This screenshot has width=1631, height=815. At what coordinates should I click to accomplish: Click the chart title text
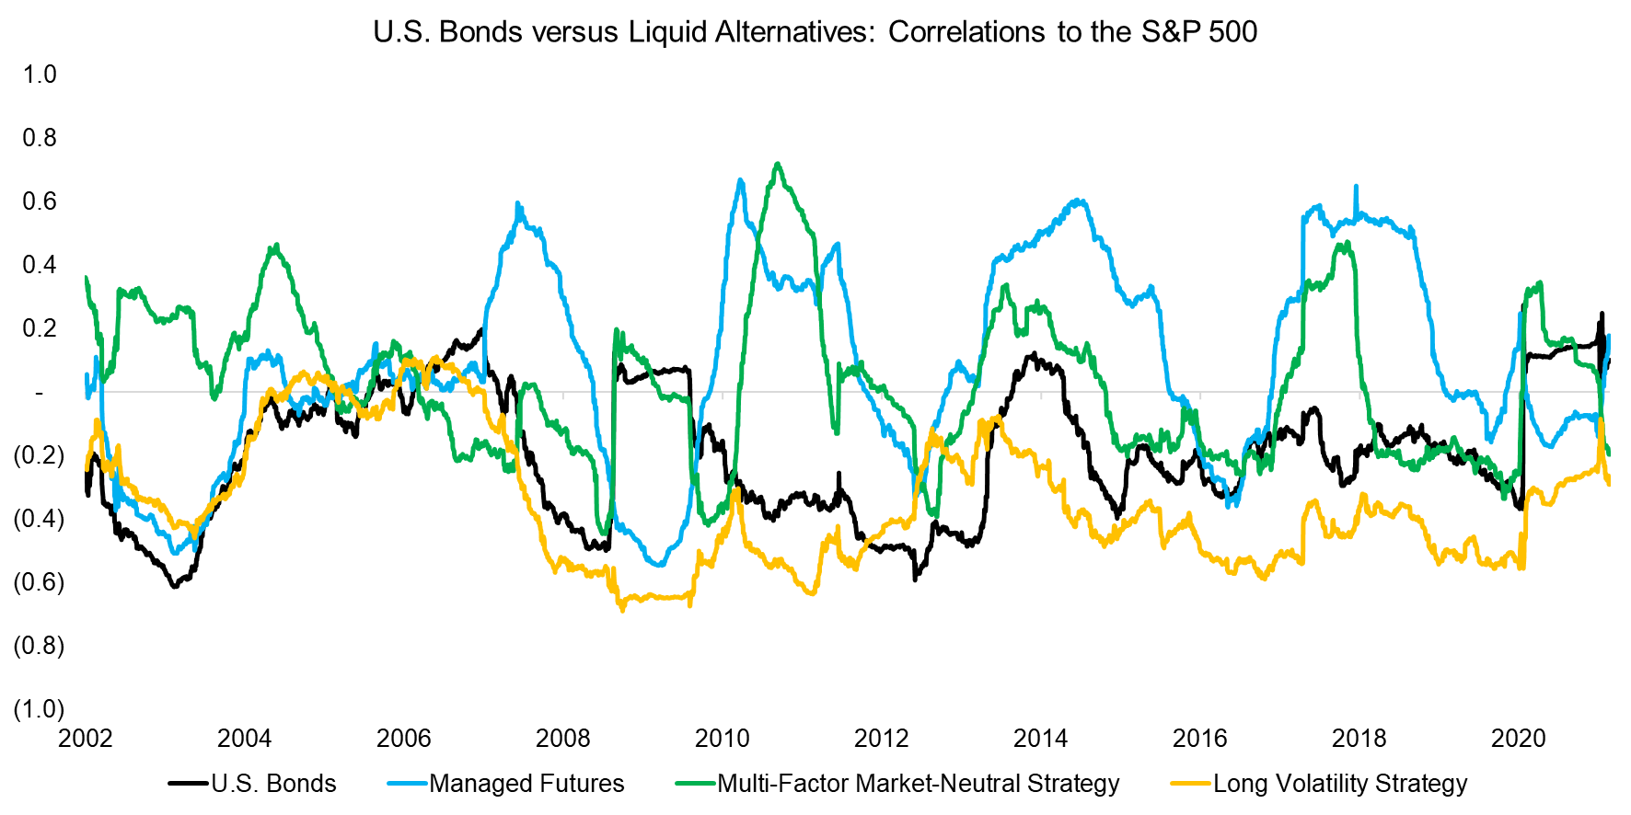[815, 32]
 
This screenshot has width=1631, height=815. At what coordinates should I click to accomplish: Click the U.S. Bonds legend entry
[273, 784]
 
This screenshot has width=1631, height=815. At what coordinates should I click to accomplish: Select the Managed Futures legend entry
[526, 784]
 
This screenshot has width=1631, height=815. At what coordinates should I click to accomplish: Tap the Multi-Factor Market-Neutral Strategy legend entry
[918, 784]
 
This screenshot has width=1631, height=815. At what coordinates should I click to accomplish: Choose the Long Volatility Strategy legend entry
[1339, 784]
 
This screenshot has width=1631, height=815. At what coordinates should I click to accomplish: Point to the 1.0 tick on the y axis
[40, 75]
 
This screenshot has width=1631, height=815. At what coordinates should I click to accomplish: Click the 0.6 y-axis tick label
[40, 201]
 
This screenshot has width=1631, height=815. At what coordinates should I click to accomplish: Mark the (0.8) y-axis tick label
[39, 646]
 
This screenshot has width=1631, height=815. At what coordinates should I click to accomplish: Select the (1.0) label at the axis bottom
[39, 709]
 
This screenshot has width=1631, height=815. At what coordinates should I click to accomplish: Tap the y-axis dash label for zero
[40, 393]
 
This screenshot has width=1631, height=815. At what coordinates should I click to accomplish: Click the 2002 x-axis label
[85, 739]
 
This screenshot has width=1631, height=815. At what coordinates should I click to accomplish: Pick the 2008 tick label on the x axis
[563, 739]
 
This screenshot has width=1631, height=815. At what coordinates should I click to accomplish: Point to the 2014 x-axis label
[1041, 739]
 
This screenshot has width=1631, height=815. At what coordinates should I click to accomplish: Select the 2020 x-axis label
[1519, 739]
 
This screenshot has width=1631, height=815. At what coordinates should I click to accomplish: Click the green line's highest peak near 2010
[779, 165]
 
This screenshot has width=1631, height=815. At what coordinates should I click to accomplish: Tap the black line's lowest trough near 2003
[175, 586]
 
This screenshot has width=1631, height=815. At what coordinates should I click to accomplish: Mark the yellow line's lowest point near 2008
[623, 609]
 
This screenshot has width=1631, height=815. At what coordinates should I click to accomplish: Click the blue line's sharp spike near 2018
[1356, 187]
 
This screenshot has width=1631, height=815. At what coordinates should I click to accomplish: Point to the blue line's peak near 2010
[741, 180]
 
